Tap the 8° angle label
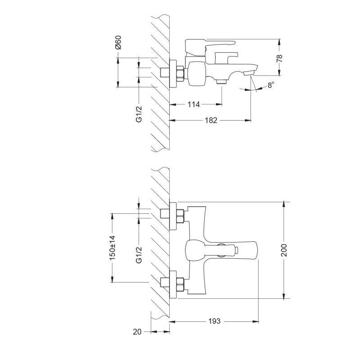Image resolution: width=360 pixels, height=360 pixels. [x=270, y=85]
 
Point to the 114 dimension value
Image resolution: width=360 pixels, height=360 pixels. [x=193, y=104]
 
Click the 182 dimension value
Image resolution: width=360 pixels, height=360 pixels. [x=211, y=120]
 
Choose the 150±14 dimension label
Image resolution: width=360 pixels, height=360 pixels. [x=112, y=247]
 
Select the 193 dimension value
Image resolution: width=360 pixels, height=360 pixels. [x=214, y=321]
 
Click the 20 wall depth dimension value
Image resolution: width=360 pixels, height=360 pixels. [x=137, y=332]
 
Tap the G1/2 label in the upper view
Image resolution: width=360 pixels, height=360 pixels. [x=139, y=114]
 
